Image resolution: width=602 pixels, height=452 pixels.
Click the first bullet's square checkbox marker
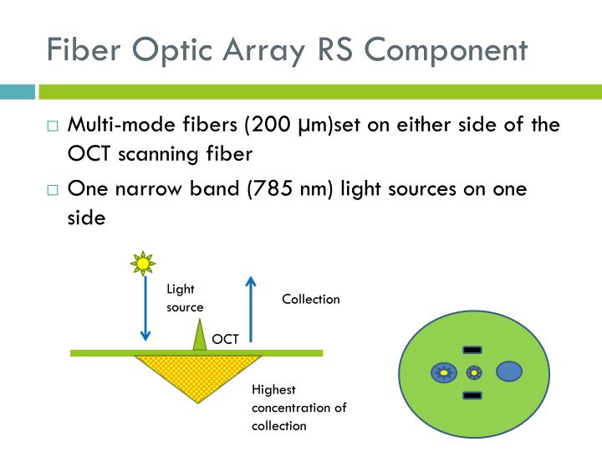click(x=53, y=128)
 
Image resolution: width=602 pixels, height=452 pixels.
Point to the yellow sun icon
click(x=144, y=265)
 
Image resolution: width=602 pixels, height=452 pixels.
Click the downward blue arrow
click(x=145, y=310)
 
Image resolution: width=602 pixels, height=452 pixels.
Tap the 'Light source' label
click(x=185, y=298)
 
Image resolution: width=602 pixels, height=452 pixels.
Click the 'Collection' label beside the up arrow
click(x=310, y=300)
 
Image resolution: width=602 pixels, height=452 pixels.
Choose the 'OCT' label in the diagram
click(x=225, y=339)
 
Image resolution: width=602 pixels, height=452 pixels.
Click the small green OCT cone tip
click(x=199, y=335)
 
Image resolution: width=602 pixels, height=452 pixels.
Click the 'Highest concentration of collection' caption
click(x=298, y=408)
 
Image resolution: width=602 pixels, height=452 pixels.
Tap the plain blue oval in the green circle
click(x=509, y=371)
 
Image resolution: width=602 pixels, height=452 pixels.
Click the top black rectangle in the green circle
click(x=472, y=349)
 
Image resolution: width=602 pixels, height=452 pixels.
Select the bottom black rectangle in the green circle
click(x=472, y=393)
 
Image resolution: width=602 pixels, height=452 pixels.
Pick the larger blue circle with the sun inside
click(x=442, y=372)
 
